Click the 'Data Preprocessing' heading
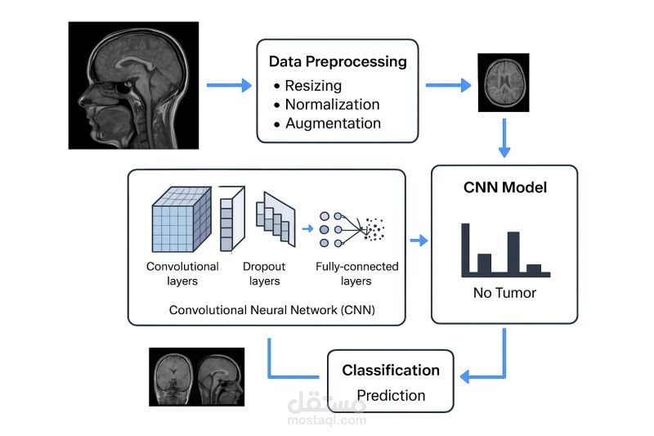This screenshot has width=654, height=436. coord(338,61)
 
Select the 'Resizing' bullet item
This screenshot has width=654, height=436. coord(313,85)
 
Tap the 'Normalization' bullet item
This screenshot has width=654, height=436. coord(332,105)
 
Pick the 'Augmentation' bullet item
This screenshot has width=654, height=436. coord(333,124)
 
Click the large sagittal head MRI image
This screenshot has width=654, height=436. coord(133,85)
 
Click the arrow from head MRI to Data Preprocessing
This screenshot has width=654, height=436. coord(229,85)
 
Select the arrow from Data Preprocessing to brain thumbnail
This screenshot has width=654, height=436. coord(448,85)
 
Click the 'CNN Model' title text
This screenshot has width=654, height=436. coord(504,187)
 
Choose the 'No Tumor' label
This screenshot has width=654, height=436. coord(504,293)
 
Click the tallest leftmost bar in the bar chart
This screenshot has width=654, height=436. coord(467,249)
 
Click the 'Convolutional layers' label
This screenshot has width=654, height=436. coord(182,273)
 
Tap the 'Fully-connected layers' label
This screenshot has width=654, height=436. coord(356,273)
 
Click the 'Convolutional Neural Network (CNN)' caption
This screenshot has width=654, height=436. coord(266,310)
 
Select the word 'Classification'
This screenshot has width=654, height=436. coord(390,371)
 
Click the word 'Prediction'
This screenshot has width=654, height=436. coord(390,395)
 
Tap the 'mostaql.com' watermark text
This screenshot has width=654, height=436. coord(326,420)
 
